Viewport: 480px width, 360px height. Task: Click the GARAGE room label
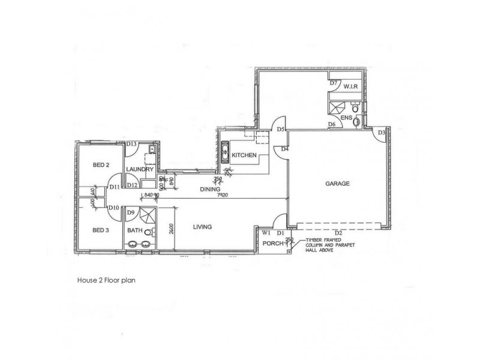338,184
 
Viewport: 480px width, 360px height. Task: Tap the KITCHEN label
245,155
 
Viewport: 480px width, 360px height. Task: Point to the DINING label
194,190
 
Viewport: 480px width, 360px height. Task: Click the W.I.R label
350,86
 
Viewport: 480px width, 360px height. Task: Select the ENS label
346,118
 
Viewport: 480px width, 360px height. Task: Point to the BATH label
134,230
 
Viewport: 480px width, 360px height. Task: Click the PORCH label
272,243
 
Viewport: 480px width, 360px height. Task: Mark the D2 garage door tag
338,233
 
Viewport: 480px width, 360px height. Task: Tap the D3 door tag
381,133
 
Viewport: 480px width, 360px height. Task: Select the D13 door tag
133,144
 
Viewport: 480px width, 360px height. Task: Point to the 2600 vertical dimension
173,228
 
